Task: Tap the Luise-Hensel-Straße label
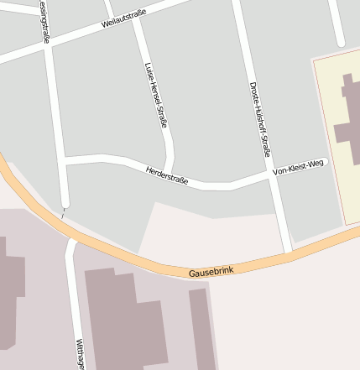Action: [157, 95]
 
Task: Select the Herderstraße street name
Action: [167, 175]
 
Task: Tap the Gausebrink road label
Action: [211, 272]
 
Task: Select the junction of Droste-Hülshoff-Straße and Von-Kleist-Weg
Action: [270, 176]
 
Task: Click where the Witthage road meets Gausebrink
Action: [70, 243]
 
